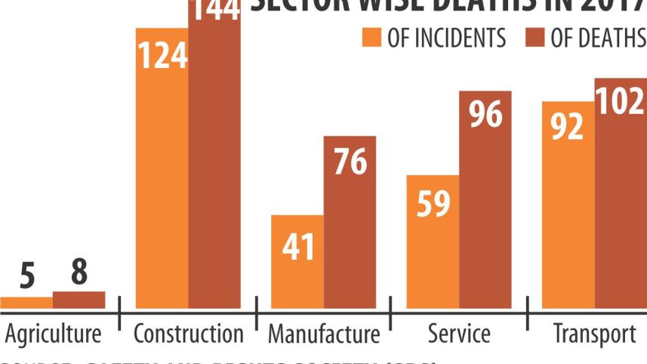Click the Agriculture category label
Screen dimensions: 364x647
53,333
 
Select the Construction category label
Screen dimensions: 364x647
189,333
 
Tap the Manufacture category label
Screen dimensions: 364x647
324,333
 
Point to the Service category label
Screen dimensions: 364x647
458,333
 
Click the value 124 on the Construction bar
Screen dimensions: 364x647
162,56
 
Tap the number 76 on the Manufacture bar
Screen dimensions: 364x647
350,162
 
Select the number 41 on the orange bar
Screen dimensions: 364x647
297,246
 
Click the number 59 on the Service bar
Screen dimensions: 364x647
433,204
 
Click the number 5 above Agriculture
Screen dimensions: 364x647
27,277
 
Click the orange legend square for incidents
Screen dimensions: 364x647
371,38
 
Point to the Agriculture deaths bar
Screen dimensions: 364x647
79,300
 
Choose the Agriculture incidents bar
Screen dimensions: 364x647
26,302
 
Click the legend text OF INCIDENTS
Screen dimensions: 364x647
446,38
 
